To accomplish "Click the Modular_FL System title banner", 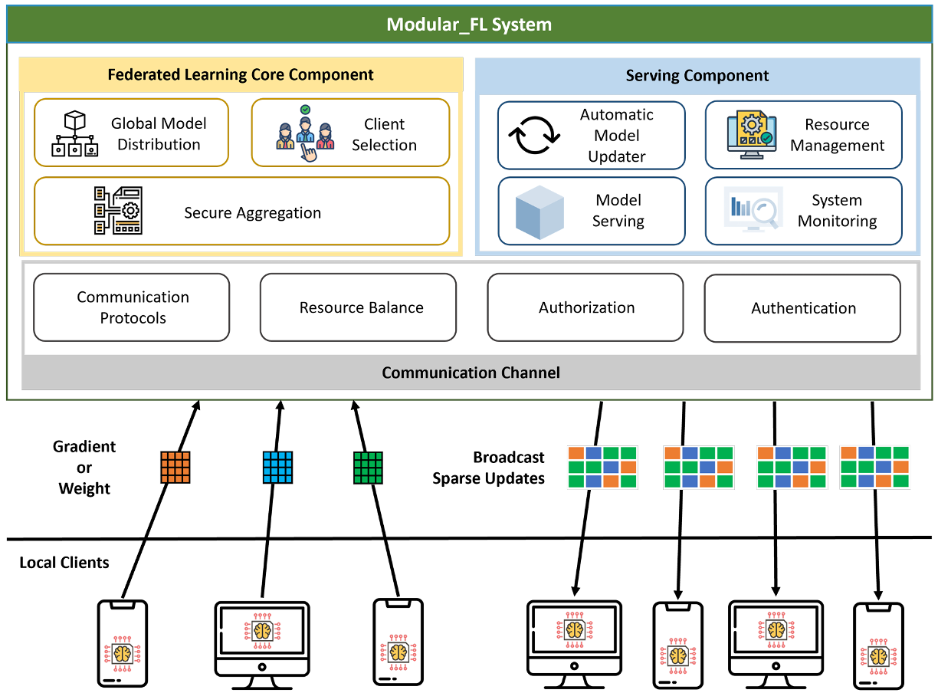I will click(x=468, y=25).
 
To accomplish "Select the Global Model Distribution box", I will click(x=131, y=133).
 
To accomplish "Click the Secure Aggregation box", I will click(x=241, y=212).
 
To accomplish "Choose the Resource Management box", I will click(x=803, y=135).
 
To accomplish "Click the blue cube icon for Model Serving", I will click(x=540, y=212).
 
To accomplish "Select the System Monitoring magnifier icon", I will click(x=752, y=212).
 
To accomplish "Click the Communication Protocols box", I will click(x=132, y=307).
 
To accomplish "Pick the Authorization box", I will click(x=585, y=307).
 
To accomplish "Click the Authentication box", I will click(x=802, y=308).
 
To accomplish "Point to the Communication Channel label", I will click(x=471, y=373).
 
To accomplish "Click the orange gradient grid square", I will click(x=175, y=467).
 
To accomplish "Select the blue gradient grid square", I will click(x=277, y=467).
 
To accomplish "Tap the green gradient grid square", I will click(x=368, y=468).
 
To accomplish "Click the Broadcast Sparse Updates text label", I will click(x=489, y=468).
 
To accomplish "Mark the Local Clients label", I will click(x=64, y=563).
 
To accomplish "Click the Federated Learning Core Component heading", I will click(x=241, y=74).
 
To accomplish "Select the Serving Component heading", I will click(x=697, y=76).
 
